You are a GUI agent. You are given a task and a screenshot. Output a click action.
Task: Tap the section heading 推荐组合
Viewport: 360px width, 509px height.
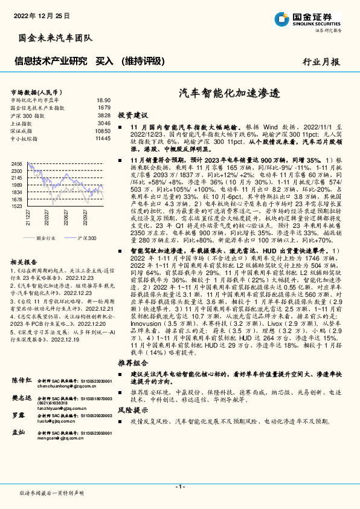pyautogui.click(x=132, y=363)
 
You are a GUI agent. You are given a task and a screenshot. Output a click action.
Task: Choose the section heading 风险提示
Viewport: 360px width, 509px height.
pyautogui.click(x=132, y=410)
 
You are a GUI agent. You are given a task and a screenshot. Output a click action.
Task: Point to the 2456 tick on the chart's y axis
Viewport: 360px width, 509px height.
pyautogui.click(x=16, y=164)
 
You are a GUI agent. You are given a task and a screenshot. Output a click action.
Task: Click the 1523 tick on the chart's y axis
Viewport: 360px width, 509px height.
pyautogui.click(x=16, y=206)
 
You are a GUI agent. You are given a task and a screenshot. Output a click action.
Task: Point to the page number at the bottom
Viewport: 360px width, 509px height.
pyautogui.click(x=179, y=487)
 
